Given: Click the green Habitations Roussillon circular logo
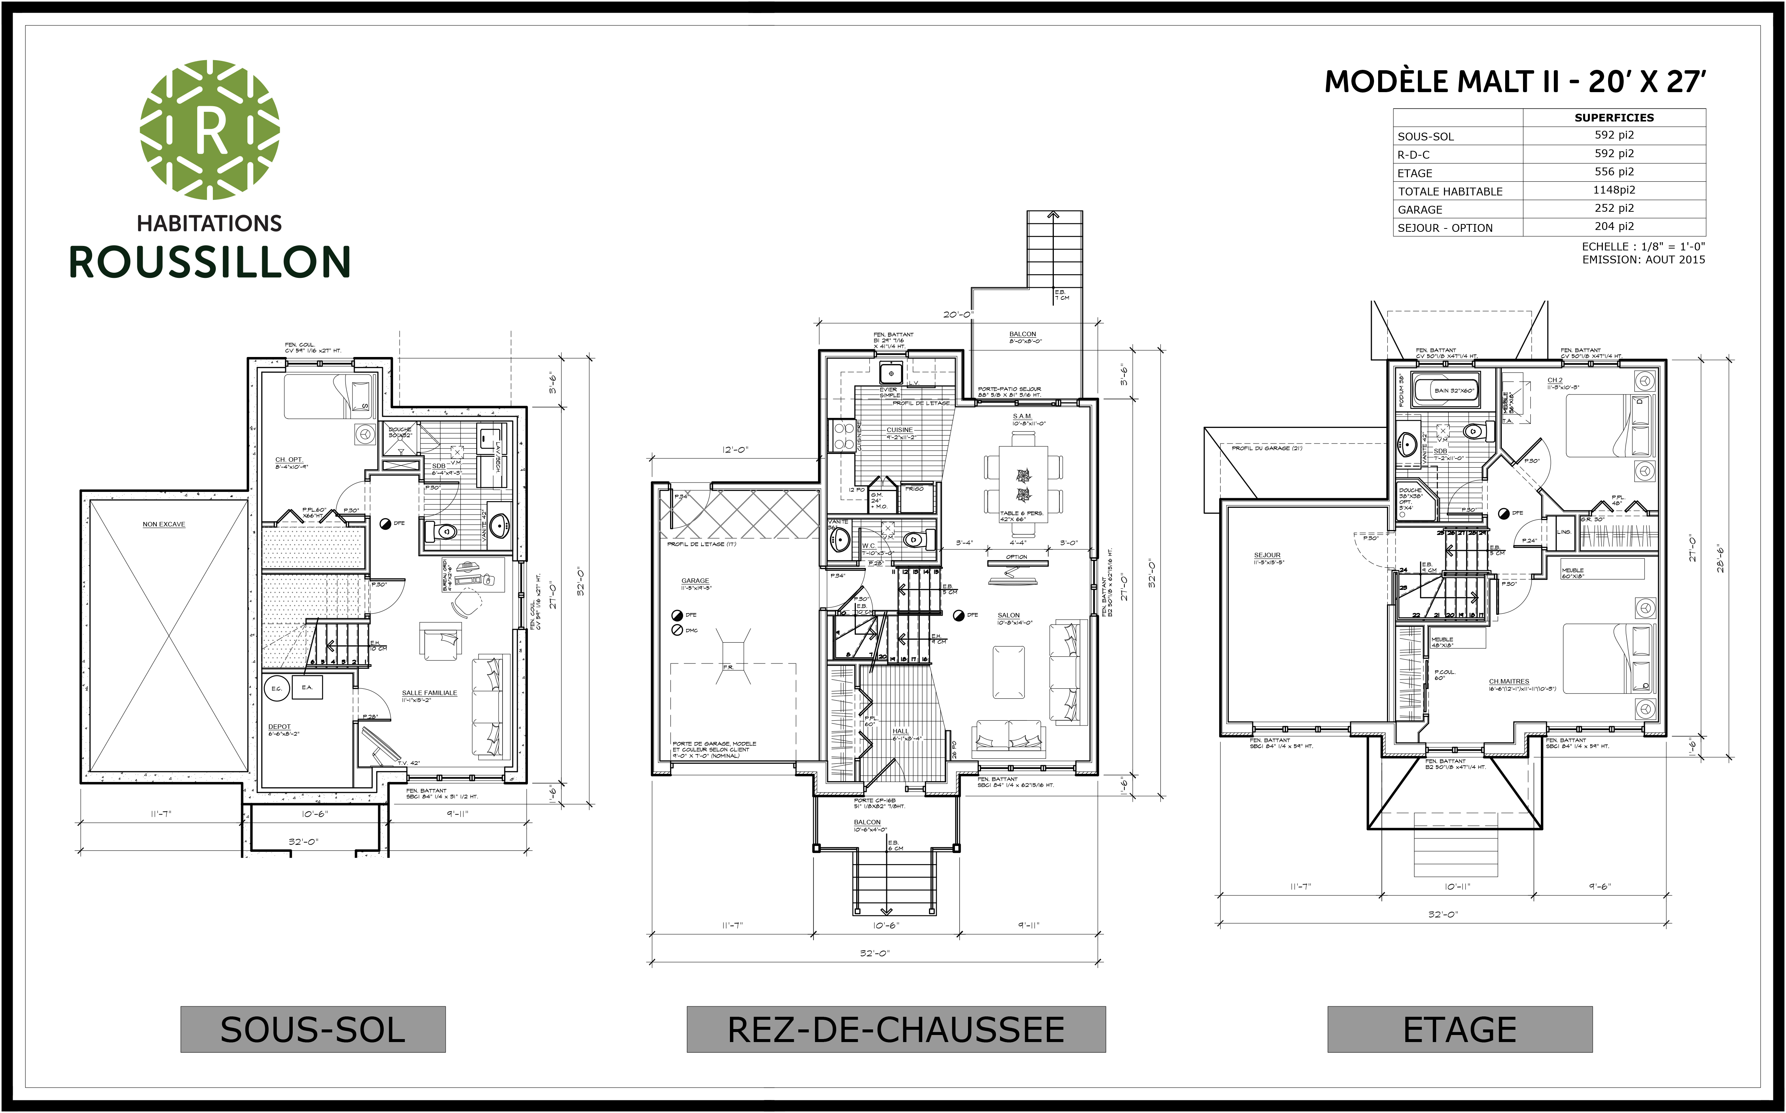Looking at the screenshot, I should coord(210,130).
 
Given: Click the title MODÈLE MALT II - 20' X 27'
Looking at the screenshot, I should coord(1514,82).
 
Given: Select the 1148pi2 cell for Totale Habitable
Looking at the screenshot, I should coord(1614,190).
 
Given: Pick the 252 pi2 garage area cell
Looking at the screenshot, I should coord(1614,208).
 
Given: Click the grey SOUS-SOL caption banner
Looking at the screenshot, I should coord(313,1029).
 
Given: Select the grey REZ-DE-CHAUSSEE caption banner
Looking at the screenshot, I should coord(896,1029).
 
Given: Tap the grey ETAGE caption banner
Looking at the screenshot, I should coord(1459,1029).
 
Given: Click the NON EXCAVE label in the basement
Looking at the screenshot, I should coord(163,524).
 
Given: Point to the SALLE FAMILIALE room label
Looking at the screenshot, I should coord(429,693).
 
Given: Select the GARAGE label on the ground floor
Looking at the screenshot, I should coord(695,581).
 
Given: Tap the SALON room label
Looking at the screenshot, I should coord(1009,616).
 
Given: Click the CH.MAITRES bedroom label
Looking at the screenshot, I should coord(1509,682).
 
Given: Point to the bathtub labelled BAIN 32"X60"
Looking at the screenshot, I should coord(1454,390).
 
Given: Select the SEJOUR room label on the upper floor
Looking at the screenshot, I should coord(1267,555).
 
